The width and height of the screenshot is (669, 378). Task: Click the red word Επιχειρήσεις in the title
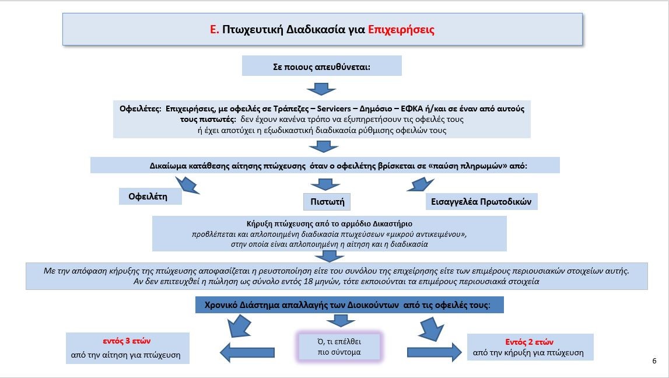point(401,29)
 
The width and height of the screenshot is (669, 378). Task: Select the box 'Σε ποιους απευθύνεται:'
point(322,66)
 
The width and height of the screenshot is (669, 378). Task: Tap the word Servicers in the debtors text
point(335,108)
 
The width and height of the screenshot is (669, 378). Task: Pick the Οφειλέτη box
point(150,196)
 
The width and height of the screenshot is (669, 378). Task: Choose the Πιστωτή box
point(327,202)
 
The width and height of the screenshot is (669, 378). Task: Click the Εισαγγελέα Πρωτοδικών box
point(481,202)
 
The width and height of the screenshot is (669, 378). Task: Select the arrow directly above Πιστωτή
point(325,184)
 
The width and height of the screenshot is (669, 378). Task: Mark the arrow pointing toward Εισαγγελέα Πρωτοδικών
point(421,185)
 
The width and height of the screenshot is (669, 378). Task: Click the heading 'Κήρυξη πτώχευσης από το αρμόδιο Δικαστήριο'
point(330,223)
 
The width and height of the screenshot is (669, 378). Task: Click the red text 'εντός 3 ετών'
point(127,341)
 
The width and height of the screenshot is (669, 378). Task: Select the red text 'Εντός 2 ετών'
point(529,342)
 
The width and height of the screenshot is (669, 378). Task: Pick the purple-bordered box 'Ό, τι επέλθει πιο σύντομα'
point(339,346)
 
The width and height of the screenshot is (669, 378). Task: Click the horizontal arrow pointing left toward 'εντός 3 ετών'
point(247,352)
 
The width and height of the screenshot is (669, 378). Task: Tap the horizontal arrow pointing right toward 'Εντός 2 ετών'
point(435,352)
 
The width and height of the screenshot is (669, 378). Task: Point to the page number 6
point(654,361)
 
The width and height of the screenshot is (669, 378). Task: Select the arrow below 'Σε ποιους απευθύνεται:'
point(321,89)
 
